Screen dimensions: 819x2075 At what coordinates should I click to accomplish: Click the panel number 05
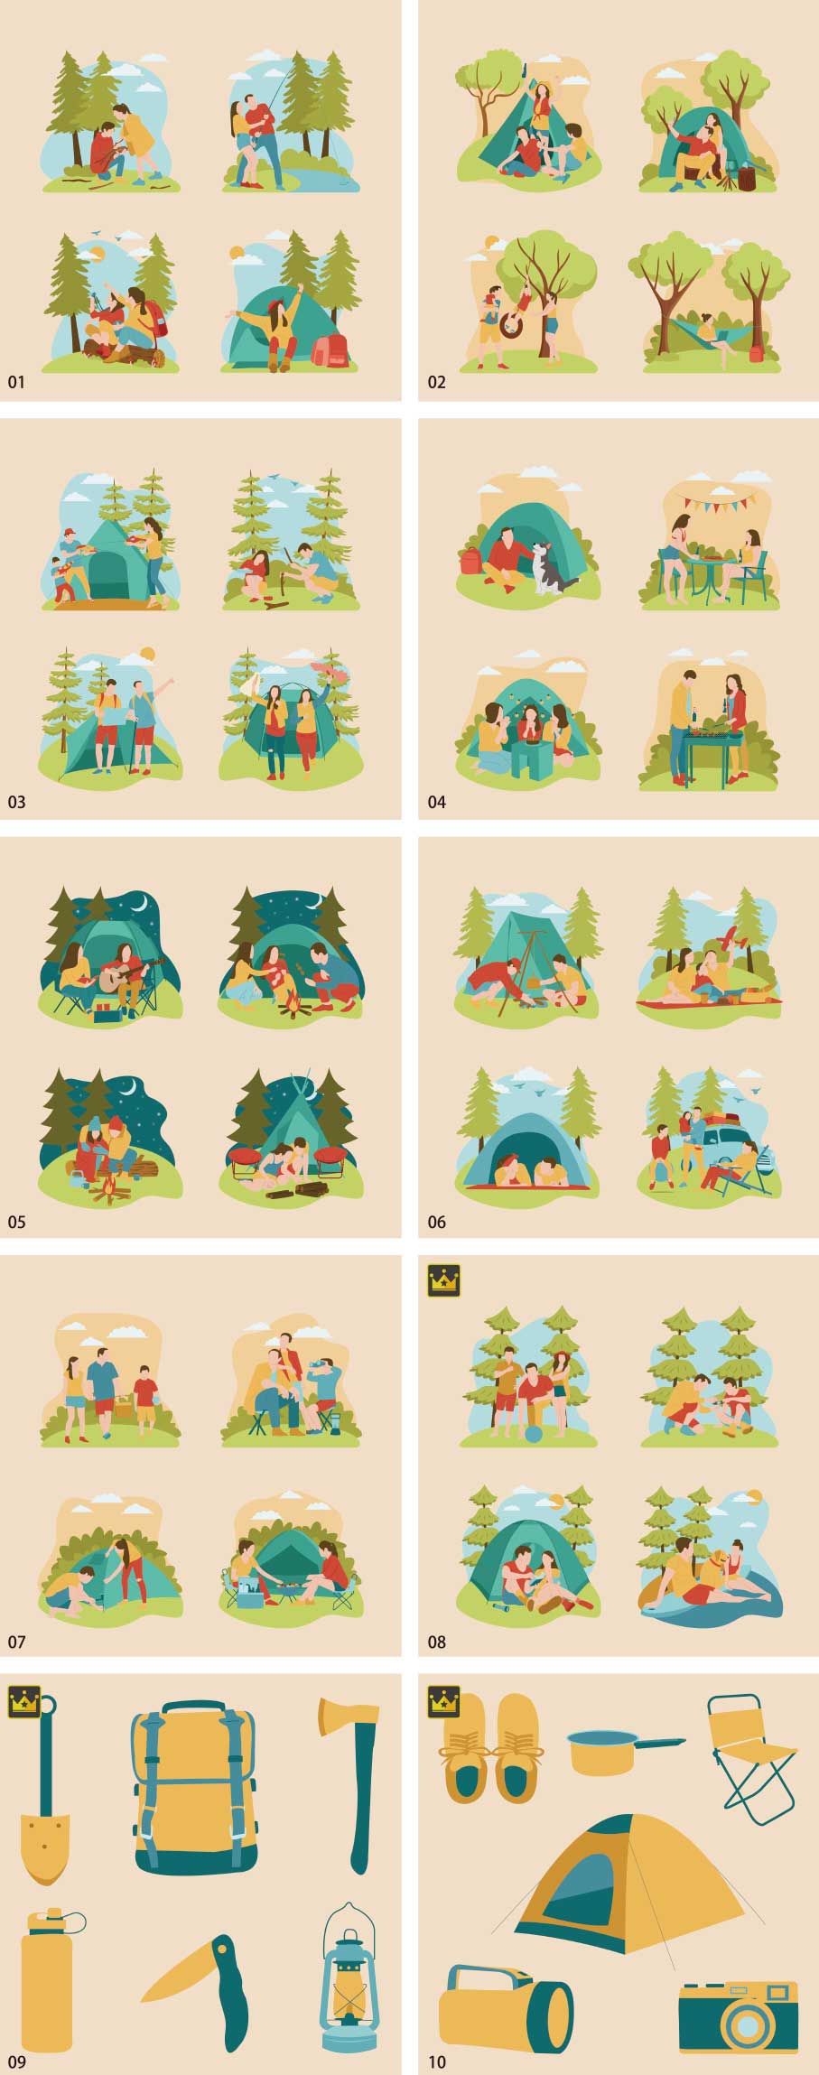pyautogui.click(x=17, y=1222)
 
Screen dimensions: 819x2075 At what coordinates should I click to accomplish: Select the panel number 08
pyautogui.click(x=437, y=1642)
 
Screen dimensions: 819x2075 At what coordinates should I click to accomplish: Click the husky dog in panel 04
pyautogui.click(x=551, y=567)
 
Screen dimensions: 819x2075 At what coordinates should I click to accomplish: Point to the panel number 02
pyautogui.click(x=437, y=382)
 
